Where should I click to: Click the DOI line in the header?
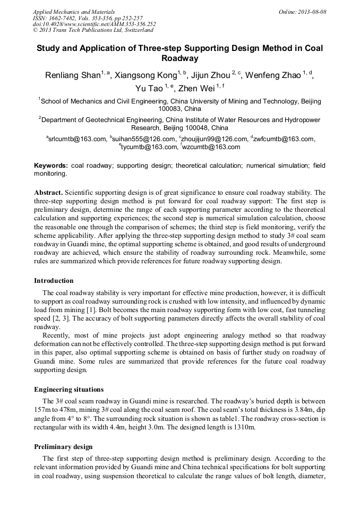point(94,24)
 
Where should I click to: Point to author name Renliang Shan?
point(73,75)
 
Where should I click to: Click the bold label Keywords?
point(51,166)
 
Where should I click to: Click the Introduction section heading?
point(54,281)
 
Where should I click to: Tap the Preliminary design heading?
point(61,447)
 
